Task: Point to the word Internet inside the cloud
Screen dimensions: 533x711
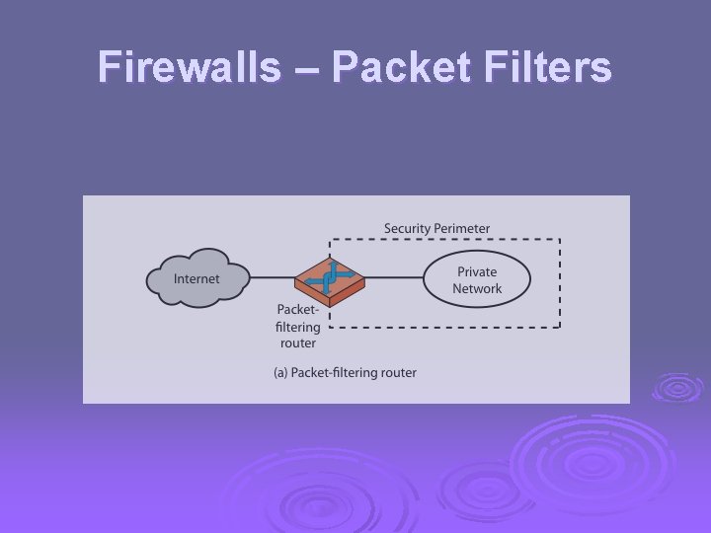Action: tap(197, 278)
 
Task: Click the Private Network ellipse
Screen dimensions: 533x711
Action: tap(477, 279)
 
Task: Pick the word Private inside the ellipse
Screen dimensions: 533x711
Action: tap(477, 271)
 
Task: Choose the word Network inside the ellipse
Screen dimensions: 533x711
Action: tap(477, 288)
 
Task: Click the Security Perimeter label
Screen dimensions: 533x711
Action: tap(436, 228)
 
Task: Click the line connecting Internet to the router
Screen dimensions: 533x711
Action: tap(272, 277)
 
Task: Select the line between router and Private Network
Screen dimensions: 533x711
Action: tap(395, 277)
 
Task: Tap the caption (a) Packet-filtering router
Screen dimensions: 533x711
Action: tap(345, 372)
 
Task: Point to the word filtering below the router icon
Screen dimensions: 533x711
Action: tap(297, 327)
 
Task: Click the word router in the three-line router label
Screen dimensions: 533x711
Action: tap(297, 343)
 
